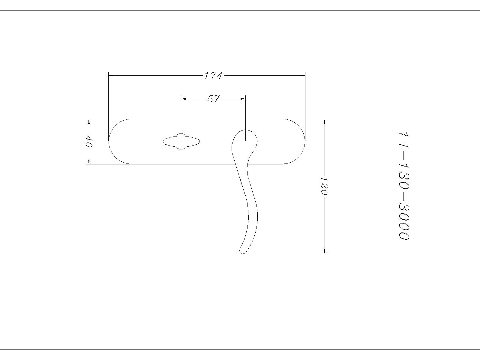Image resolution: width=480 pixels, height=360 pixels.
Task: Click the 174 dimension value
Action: (x=213, y=76)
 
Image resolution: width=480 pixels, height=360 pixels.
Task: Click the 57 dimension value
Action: (x=214, y=99)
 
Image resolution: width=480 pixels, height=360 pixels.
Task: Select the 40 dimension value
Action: (x=89, y=141)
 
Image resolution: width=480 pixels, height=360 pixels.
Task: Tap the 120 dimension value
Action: (x=324, y=186)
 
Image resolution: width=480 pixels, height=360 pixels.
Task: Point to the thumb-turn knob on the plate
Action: (x=181, y=141)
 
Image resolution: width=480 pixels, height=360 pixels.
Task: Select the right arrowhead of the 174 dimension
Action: (x=303, y=76)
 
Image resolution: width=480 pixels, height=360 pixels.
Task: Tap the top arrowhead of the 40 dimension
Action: (x=89, y=121)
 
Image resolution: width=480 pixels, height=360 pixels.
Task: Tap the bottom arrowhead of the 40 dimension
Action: (x=89, y=162)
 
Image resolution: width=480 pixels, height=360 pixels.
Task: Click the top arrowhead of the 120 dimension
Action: (x=324, y=121)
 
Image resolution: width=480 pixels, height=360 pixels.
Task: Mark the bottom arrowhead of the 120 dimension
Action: (x=324, y=251)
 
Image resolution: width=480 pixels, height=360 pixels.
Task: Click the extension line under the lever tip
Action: (x=285, y=254)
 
